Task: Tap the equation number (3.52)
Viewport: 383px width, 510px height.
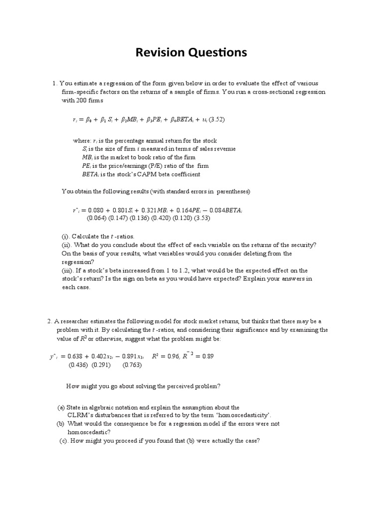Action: click(x=217, y=120)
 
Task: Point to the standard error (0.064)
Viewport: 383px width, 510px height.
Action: click(x=95, y=218)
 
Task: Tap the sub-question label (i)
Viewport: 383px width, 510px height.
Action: click(x=65, y=236)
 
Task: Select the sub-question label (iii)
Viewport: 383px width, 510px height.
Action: click(x=67, y=270)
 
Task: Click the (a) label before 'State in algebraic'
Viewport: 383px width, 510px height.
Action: click(x=61, y=407)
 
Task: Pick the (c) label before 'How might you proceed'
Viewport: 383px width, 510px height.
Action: click(x=63, y=441)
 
